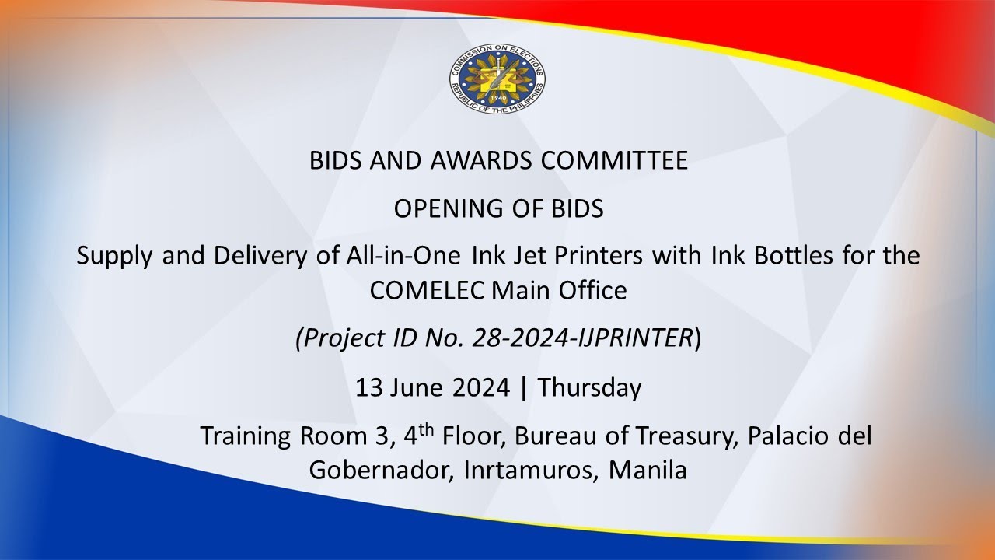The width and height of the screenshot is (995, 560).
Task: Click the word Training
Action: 245,436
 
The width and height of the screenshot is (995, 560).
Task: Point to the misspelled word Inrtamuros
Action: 527,471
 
